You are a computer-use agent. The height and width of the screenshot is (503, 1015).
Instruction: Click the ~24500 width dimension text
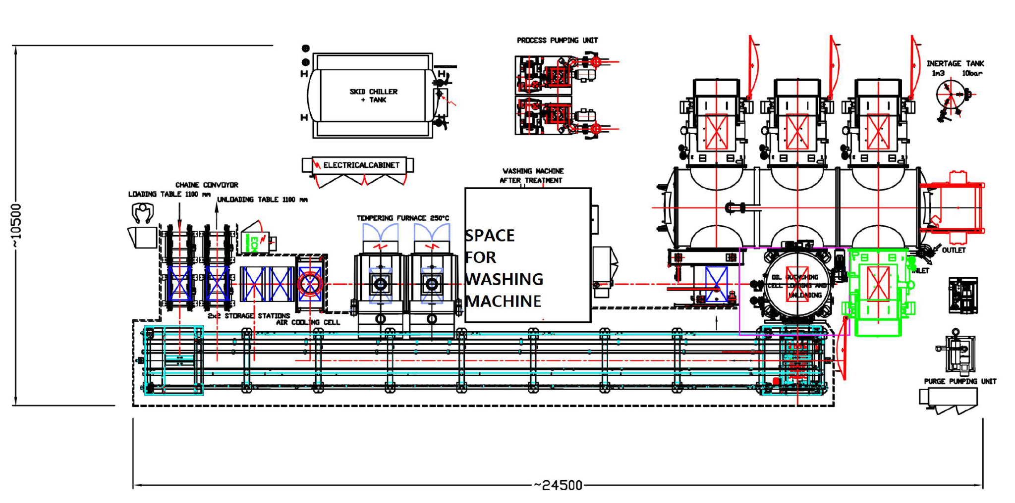tap(558, 485)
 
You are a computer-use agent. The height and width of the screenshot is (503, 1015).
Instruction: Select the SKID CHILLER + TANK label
tap(373, 96)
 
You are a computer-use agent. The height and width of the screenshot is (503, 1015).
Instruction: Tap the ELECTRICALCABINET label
tap(361, 165)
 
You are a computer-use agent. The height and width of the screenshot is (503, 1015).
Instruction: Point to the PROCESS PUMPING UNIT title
tap(557, 40)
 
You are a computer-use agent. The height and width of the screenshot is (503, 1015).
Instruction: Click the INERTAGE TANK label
tap(955, 63)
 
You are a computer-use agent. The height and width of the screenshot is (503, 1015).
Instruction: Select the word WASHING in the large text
tap(505, 279)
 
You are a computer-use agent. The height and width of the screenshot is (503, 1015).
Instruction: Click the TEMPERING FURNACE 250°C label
tap(402, 218)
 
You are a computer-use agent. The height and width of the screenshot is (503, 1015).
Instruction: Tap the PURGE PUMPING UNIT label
tap(959, 381)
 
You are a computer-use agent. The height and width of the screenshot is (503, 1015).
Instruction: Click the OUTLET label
tap(954, 250)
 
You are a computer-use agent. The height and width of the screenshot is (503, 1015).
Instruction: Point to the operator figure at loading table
tap(143, 213)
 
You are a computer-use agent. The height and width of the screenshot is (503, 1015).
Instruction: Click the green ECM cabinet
tap(255, 242)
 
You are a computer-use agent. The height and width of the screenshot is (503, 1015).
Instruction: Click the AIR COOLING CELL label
tap(308, 322)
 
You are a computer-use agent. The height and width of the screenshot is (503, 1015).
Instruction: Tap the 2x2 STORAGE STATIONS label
tap(249, 315)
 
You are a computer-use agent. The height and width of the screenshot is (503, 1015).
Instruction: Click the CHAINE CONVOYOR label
tap(207, 185)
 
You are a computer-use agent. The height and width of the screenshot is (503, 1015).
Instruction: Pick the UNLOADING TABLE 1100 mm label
tap(262, 200)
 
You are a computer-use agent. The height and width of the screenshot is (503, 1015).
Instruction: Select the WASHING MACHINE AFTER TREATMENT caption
tap(531, 175)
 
